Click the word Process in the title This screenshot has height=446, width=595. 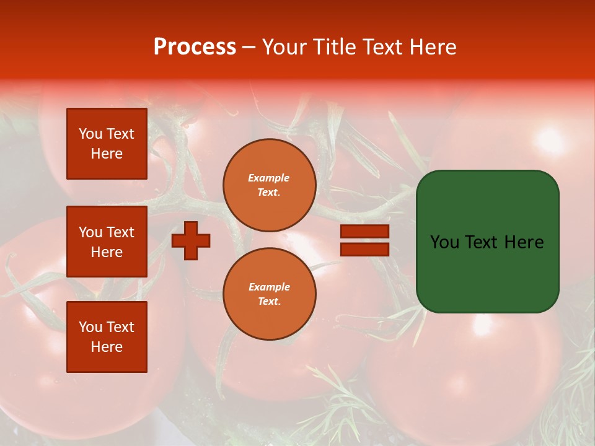[x=195, y=47]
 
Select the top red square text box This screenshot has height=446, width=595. [x=107, y=144]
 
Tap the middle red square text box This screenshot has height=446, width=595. [x=107, y=242]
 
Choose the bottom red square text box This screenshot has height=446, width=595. [x=107, y=337]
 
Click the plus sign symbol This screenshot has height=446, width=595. [x=191, y=240]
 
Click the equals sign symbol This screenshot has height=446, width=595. [x=364, y=240]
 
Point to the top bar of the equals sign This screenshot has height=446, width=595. [x=364, y=232]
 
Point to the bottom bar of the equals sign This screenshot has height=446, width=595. [x=364, y=250]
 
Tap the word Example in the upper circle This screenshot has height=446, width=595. [x=269, y=178]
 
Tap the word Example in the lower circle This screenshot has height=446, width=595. [x=269, y=287]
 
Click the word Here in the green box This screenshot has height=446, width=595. [x=524, y=242]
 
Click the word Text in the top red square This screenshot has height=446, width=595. [x=120, y=134]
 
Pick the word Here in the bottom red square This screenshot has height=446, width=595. [x=107, y=347]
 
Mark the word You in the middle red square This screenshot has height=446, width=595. [x=90, y=232]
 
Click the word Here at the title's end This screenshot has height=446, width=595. [x=434, y=47]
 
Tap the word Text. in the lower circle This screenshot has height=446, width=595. [x=269, y=302]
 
